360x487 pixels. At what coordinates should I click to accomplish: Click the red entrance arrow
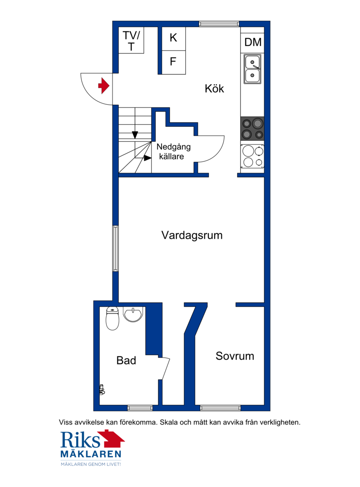coord(103,85)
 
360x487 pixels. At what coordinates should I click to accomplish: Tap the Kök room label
coord(214,89)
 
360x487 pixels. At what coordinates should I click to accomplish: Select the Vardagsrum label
coord(192,235)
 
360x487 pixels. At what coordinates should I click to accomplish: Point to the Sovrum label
coord(235,356)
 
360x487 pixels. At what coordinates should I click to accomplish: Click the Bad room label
coord(126,360)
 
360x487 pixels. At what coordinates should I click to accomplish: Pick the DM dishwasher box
coord(252,42)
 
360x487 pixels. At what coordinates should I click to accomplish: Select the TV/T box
coord(131,40)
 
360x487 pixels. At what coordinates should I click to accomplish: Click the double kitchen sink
coord(252,69)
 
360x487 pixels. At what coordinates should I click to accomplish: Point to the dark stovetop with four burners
coord(252,128)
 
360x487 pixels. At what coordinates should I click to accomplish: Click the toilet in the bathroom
coord(112,318)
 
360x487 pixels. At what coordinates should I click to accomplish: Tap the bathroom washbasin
coord(133,314)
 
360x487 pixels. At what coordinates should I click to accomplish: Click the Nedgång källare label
coord(173,151)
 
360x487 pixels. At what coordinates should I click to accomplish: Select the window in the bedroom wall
coord(220,408)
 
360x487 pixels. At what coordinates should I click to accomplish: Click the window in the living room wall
coord(115,249)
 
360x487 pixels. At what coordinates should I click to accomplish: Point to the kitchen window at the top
coord(219,23)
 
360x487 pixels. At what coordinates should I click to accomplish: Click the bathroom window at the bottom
coord(140,408)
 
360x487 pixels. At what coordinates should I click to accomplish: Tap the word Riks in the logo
coord(80,440)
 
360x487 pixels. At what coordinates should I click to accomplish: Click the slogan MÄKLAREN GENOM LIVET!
coord(91,465)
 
